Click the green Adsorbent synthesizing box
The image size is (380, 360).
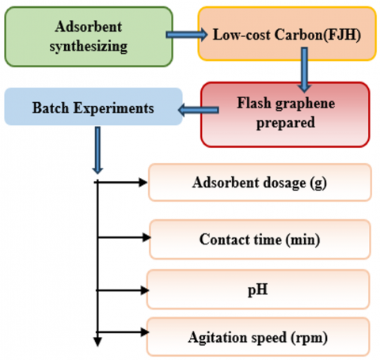click(x=89, y=36)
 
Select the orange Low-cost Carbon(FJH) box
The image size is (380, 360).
click(x=287, y=34)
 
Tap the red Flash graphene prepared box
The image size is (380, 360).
click(x=285, y=114)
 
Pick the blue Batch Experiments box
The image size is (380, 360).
click(x=93, y=107)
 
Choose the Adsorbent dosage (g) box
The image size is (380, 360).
click(x=260, y=182)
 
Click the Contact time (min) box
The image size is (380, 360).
click(x=260, y=239)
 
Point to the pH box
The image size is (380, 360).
click(x=258, y=290)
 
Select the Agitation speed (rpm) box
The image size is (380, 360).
click(x=258, y=337)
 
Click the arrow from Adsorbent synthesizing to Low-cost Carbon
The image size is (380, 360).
click(x=187, y=35)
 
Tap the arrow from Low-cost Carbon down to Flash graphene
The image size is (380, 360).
click(x=304, y=70)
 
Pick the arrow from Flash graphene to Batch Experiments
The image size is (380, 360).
click(x=199, y=110)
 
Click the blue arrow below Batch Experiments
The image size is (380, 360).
click(x=97, y=150)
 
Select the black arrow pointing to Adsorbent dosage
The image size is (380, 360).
click(x=121, y=182)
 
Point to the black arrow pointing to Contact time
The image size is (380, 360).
click(x=124, y=237)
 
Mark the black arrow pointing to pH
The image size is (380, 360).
click(x=123, y=290)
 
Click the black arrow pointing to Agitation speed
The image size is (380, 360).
click(x=123, y=332)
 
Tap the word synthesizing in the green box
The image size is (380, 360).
click(x=89, y=47)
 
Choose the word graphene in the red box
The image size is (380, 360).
click(x=305, y=104)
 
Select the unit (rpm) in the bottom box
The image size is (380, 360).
click(x=310, y=338)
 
